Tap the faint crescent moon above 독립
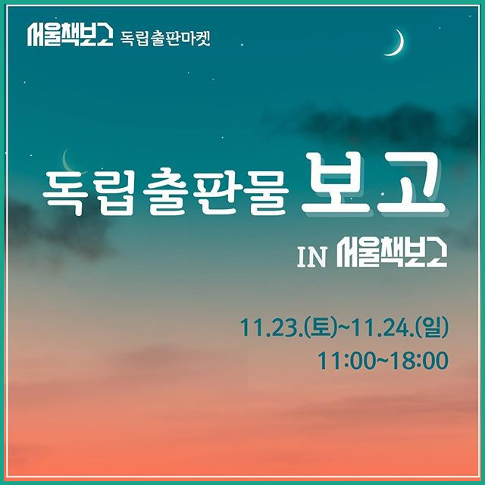coord(66,162)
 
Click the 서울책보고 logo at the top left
coord(70,35)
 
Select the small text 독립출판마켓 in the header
coord(165,39)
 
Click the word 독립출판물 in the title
coord(165,192)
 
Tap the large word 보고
coord(374,185)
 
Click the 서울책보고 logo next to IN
coord(392,253)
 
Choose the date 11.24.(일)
coord(400,327)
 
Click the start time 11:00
coord(346,361)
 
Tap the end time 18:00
coord(420,361)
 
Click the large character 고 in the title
coord(414,185)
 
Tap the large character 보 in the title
coord(336,185)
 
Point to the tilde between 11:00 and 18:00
coord(383,361)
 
